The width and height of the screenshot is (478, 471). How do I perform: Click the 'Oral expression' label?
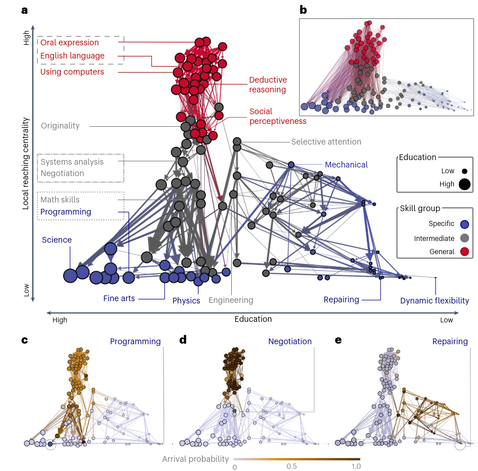pos(69,42)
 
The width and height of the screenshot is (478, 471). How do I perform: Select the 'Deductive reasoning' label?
pos(267,85)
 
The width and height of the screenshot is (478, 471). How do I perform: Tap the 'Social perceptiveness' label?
pos(277,116)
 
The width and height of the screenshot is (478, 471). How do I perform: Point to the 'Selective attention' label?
pos(326,142)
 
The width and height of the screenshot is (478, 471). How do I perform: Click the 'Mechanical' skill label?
pos(346,165)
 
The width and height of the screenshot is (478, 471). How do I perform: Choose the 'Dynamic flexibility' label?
pos(434,301)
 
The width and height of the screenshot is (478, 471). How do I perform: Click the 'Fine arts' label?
pos(119,298)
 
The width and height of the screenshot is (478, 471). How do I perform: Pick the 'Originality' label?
pos(60,126)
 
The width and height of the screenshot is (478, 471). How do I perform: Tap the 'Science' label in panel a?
pos(56,240)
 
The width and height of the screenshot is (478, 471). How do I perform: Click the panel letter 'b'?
pos(303,10)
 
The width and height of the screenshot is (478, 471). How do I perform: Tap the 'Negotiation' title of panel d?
pos(290,341)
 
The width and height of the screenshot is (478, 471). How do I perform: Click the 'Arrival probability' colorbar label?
pos(195,459)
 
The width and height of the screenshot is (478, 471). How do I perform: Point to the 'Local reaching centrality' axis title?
pos(26,155)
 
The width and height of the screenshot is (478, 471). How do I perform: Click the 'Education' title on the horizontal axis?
pos(253,319)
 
